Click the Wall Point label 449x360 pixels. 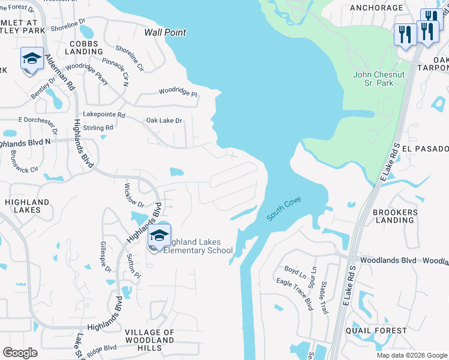(165, 32)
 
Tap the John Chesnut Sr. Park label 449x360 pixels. (373, 79)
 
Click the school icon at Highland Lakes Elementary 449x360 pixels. (159, 236)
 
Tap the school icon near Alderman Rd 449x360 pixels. (32, 59)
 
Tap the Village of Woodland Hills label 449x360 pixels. (149, 340)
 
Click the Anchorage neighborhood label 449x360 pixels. (376, 8)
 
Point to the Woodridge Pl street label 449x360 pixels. (178, 92)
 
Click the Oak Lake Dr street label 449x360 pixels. (164, 121)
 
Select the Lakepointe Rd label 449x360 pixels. (104, 114)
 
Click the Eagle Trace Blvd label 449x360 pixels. (294, 294)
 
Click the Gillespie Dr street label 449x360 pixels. (106, 257)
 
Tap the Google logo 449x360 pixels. (20, 353)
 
